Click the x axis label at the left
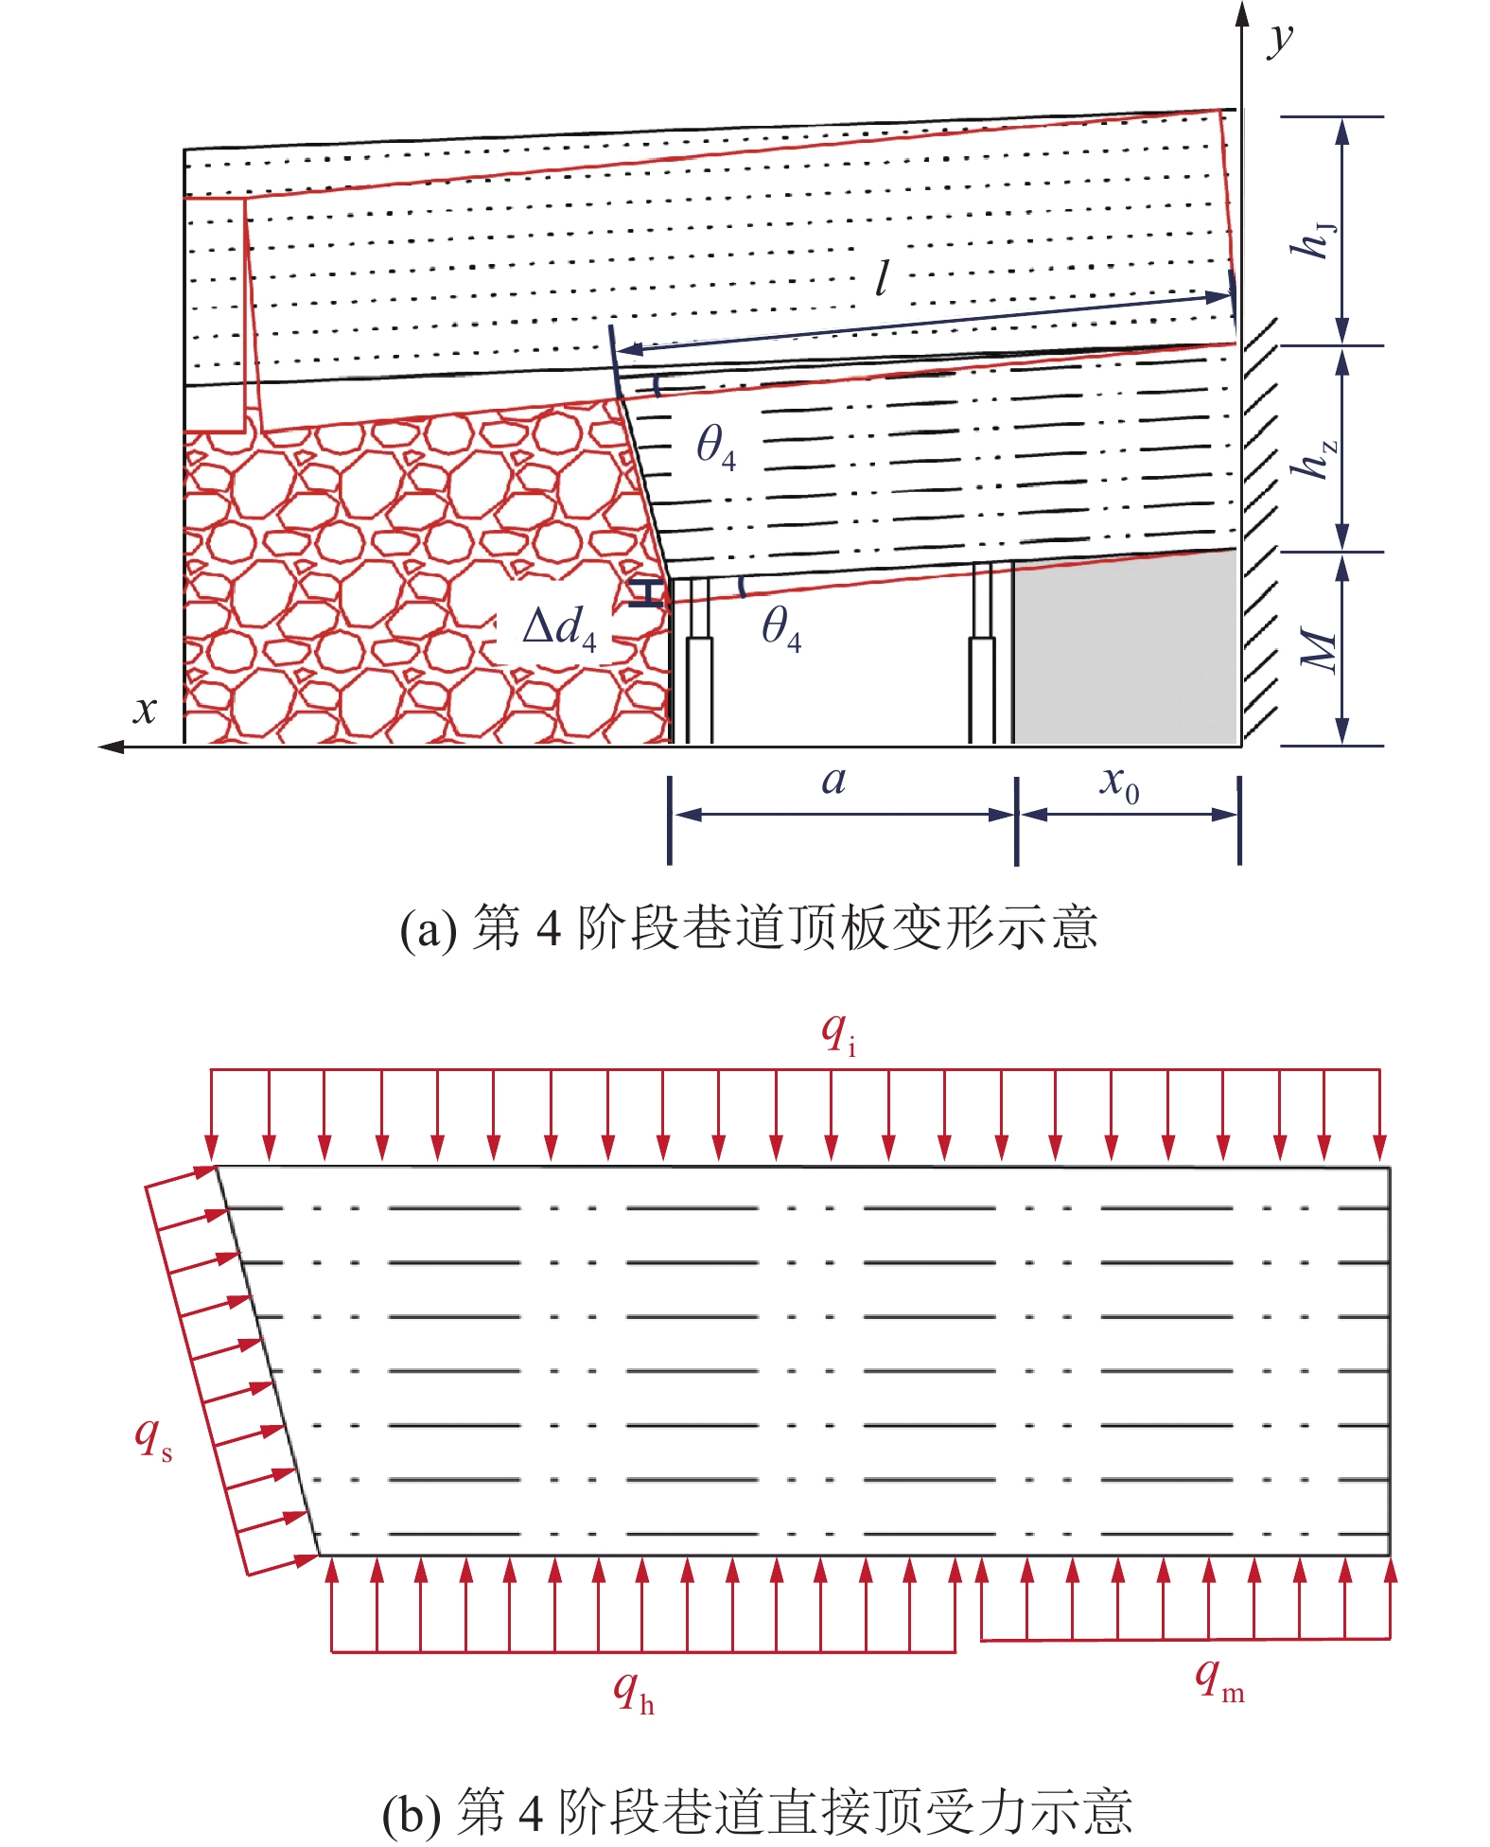[145, 709]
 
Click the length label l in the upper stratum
[882, 278]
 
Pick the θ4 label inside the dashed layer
[715, 446]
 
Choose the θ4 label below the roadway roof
[781, 627]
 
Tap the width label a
[833, 782]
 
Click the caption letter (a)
[428, 930]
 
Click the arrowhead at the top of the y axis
[1243, 13]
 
